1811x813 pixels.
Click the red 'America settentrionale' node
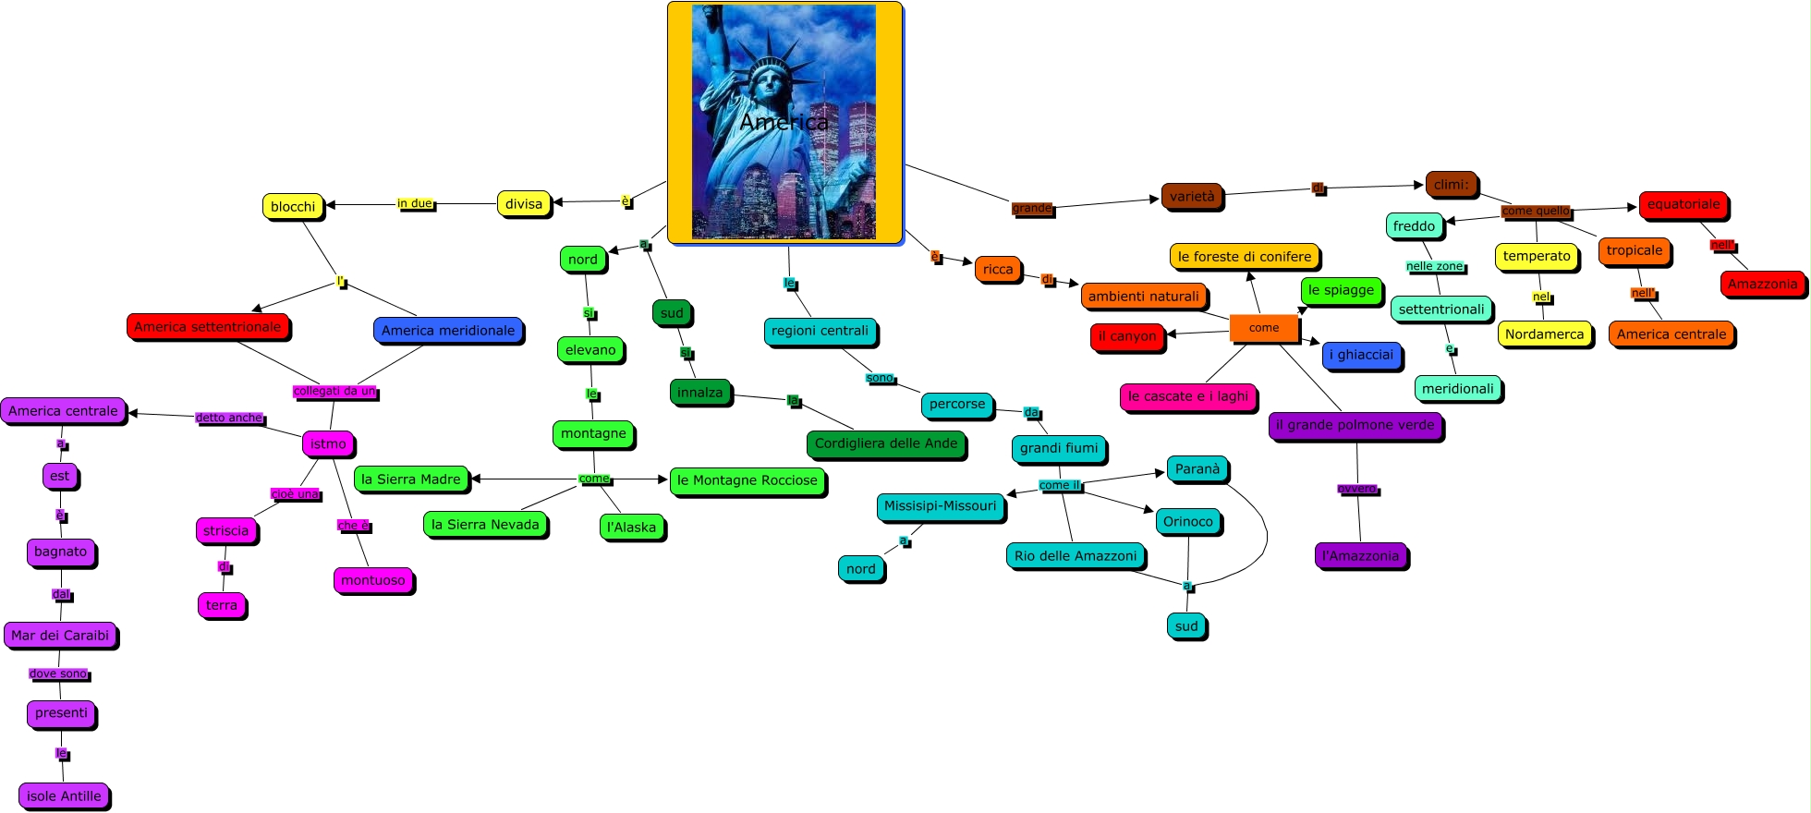208,327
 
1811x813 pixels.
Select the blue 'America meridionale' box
448,331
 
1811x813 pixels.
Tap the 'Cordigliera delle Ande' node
886,444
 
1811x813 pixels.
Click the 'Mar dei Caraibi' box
60,636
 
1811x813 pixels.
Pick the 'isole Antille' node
64,796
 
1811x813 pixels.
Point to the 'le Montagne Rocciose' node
747,480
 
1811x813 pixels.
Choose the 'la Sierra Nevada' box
485,525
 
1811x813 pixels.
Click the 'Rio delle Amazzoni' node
1076,556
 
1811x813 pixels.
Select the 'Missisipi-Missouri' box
940,506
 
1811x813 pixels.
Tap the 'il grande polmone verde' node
1355,426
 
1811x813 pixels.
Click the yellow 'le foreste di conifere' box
1245,257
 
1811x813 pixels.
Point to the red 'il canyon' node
1127,336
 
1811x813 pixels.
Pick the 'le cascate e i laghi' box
1187,396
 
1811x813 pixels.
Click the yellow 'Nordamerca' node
1544,334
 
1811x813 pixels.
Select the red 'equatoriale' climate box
1683,205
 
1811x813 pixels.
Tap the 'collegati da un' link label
334,392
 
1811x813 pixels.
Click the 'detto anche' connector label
229,418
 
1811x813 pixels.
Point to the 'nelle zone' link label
1434,267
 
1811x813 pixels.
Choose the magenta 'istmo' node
328,444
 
